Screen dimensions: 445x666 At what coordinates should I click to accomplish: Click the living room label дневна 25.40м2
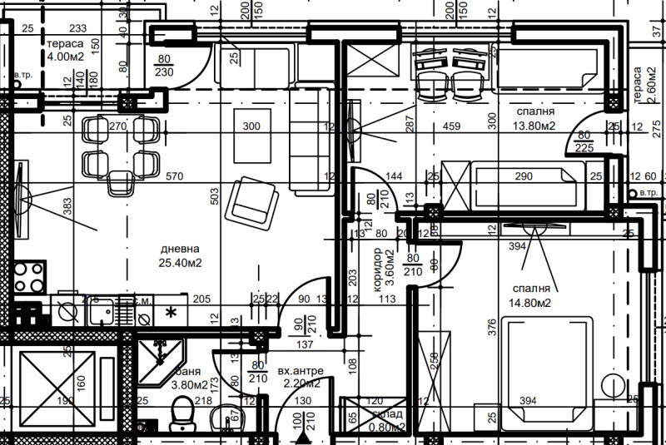[181, 255]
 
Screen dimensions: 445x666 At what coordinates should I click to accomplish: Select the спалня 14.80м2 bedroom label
[533, 296]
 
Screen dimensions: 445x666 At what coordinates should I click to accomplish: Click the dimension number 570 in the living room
[173, 177]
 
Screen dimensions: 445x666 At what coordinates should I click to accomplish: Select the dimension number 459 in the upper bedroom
[451, 127]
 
